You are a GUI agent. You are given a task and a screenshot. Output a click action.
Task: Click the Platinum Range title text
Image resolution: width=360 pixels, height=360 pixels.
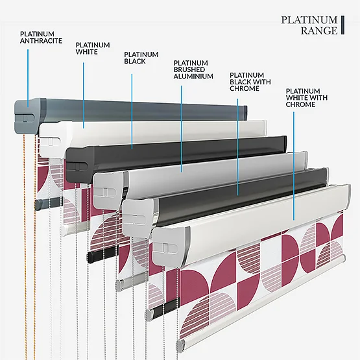309,25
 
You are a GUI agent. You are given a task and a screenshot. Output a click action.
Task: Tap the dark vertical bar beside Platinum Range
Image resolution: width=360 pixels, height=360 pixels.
342,25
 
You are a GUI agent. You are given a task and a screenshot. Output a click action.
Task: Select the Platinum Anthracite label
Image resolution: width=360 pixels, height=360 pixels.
41,38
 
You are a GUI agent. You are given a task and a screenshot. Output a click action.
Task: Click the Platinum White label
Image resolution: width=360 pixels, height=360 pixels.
93,48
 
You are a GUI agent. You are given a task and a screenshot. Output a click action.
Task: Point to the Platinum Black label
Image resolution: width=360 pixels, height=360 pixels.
141,58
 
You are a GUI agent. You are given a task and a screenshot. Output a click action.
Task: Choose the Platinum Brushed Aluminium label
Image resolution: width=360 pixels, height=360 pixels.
193,69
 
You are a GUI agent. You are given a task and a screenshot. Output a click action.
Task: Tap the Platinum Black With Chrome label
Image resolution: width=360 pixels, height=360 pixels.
250,82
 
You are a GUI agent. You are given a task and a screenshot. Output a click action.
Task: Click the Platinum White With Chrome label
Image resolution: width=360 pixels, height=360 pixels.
307,97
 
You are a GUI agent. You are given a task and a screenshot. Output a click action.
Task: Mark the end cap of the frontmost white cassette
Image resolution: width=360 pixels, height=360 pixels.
171,248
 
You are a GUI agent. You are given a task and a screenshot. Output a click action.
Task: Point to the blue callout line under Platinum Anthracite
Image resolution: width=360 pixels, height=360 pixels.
28,78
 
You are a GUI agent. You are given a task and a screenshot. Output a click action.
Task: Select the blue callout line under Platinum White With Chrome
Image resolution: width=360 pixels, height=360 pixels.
294,166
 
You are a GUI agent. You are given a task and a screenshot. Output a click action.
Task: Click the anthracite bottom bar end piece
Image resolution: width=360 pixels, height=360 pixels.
38,204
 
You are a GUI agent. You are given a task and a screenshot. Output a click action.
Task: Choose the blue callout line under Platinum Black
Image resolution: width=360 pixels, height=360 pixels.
132,112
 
